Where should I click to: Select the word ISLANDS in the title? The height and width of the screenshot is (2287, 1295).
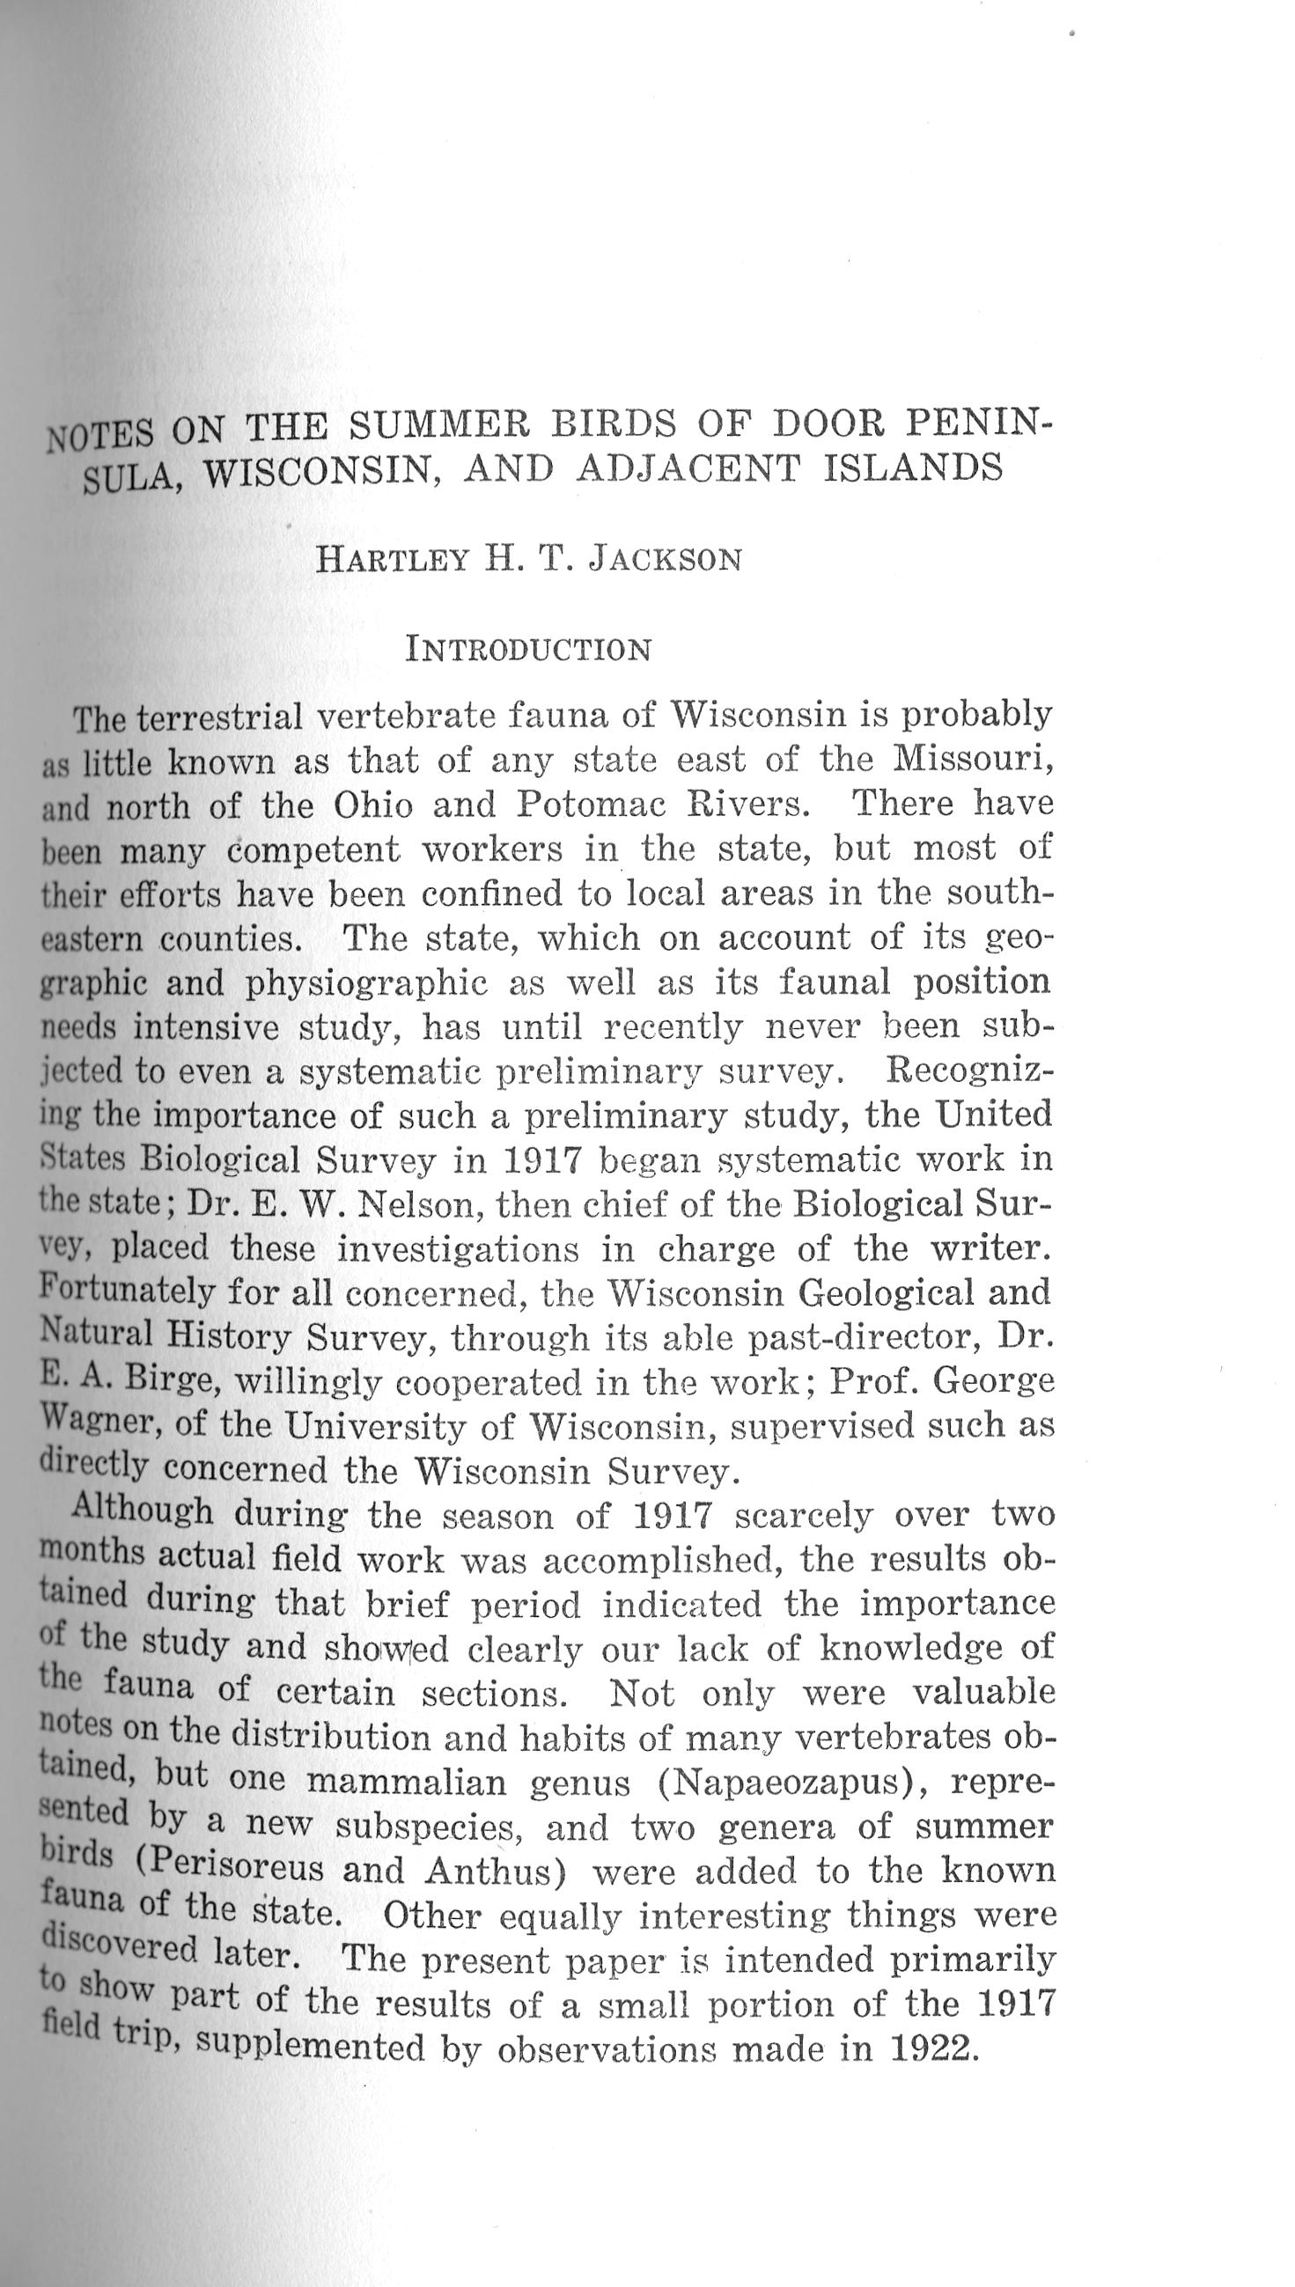(x=914, y=467)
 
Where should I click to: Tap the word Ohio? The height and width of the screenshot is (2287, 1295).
(x=372, y=805)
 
